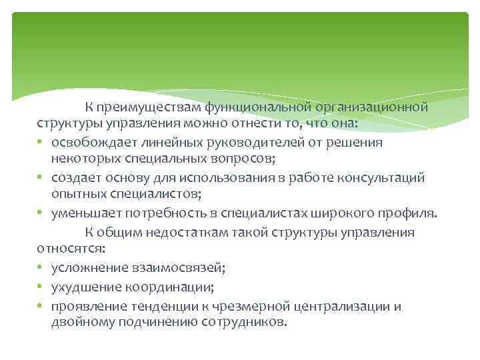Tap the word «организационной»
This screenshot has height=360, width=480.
tap(372, 107)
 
